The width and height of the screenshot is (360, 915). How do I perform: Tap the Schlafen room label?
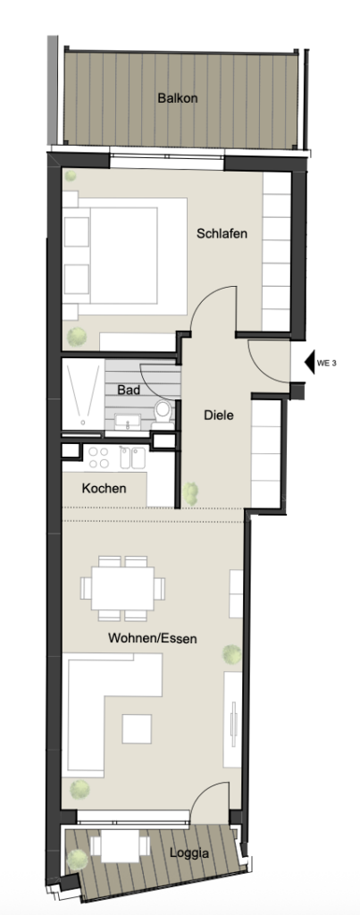tap(222, 233)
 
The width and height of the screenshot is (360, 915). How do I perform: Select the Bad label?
tap(129, 390)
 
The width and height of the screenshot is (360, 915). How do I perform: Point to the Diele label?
tap(219, 415)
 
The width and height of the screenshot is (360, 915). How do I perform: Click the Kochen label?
tap(104, 489)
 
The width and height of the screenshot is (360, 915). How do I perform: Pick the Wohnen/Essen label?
tap(152, 639)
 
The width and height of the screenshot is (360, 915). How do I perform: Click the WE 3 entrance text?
tap(326, 364)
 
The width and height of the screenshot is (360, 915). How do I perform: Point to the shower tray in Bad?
tap(82, 393)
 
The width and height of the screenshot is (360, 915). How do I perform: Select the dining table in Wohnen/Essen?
tap(122, 587)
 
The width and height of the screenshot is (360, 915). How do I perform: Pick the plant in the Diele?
tap(192, 491)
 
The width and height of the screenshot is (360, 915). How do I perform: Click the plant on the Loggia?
tap(78, 860)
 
